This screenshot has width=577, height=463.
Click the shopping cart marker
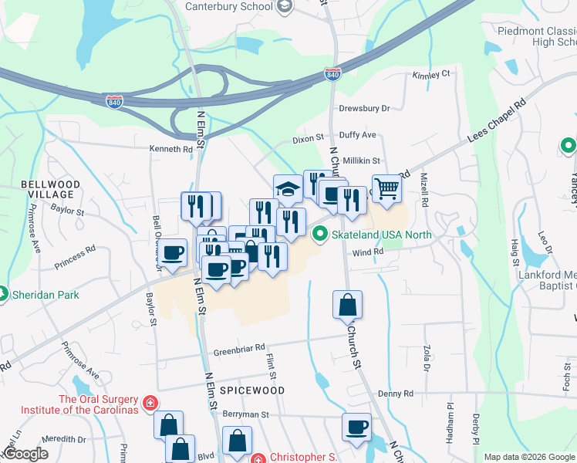[388, 188]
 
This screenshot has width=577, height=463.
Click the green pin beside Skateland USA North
[320, 234]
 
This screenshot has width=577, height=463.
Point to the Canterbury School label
[228, 7]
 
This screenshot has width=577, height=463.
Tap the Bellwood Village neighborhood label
[50, 190]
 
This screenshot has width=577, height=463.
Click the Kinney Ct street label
[431, 75]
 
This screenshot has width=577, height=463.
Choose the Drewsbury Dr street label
[364, 109]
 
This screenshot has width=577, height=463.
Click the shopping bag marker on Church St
[348, 304]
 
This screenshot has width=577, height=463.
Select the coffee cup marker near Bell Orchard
[173, 252]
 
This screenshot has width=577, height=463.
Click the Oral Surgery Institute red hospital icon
[150, 402]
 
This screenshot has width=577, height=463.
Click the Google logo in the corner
[26, 454]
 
